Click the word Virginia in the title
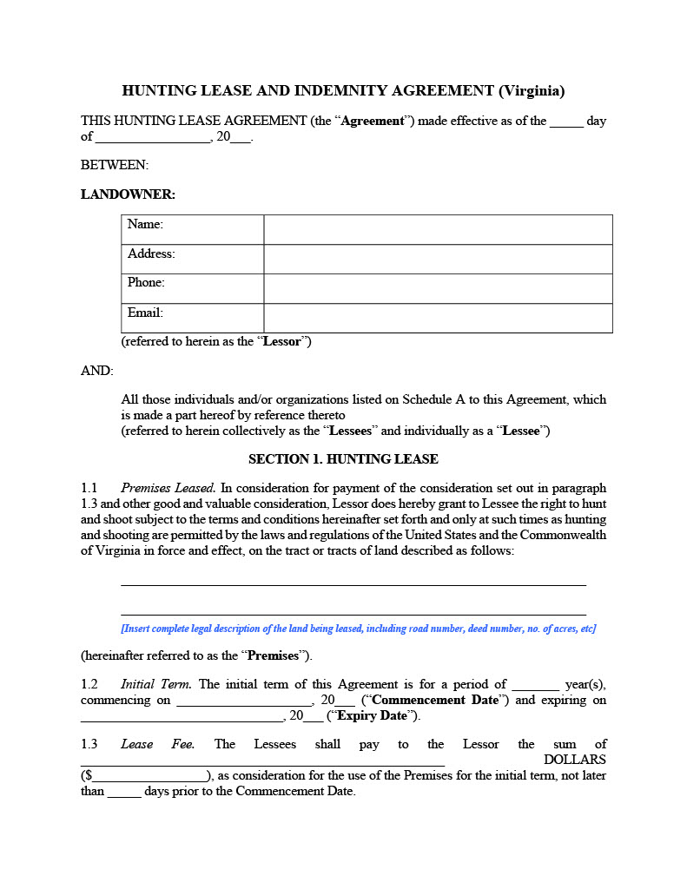point(532,90)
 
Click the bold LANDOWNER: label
point(128,194)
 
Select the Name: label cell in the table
point(192,229)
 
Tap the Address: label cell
point(192,259)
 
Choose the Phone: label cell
point(192,288)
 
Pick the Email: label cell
point(192,318)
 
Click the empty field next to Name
point(438,229)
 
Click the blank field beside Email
point(438,318)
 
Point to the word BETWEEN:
point(115,165)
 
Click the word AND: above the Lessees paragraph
point(97,371)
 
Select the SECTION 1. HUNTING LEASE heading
point(343,458)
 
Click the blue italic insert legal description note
point(358,629)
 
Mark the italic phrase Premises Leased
point(168,488)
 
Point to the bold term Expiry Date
point(372,715)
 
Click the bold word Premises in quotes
point(274,655)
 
